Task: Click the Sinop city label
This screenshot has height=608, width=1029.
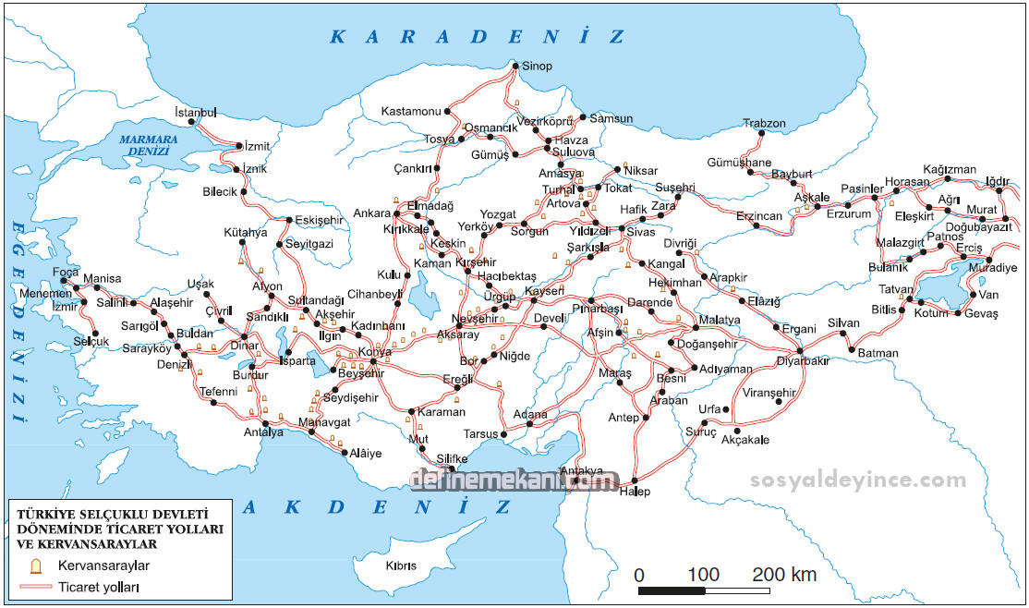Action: coord(537,67)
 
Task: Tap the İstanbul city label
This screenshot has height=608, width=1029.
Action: coord(195,112)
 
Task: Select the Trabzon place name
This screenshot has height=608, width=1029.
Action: coord(764,124)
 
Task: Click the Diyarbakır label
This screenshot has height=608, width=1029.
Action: coord(803,361)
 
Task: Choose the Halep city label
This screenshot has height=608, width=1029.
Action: coord(635,492)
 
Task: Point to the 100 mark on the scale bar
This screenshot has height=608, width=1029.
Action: coord(704,575)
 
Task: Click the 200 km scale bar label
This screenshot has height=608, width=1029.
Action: coord(784,575)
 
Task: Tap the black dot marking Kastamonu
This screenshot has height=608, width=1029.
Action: coord(449,112)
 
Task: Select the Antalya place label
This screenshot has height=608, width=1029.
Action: coord(263,432)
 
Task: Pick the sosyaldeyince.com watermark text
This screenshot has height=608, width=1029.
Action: coord(858,480)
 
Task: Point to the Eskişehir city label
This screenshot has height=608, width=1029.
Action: coord(319,220)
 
